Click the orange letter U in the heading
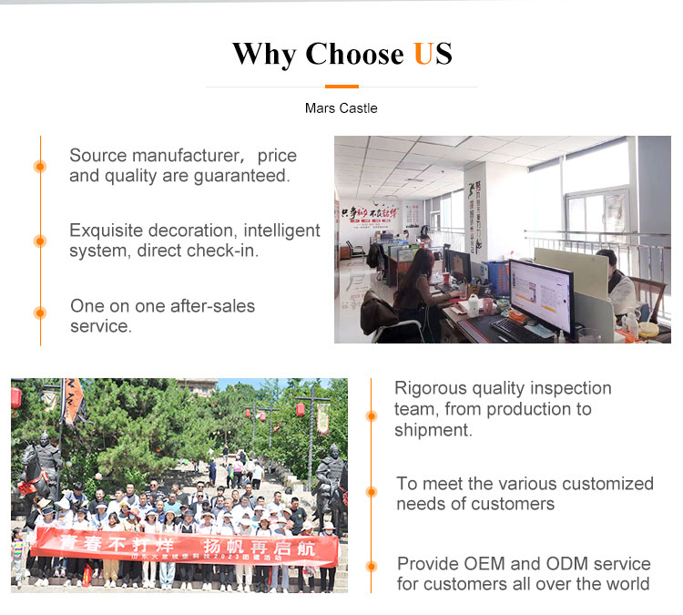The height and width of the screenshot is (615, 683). (x=423, y=54)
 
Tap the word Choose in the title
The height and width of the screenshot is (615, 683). (x=354, y=54)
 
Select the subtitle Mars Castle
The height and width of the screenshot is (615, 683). (x=341, y=108)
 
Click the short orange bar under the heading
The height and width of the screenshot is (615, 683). (x=341, y=87)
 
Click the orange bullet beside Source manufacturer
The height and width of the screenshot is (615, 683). (x=40, y=166)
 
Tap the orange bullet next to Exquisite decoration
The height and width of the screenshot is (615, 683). (x=40, y=241)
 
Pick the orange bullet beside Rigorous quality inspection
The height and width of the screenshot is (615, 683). (x=371, y=415)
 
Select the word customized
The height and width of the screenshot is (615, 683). (x=608, y=484)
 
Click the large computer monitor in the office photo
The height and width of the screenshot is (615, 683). (x=540, y=292)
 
